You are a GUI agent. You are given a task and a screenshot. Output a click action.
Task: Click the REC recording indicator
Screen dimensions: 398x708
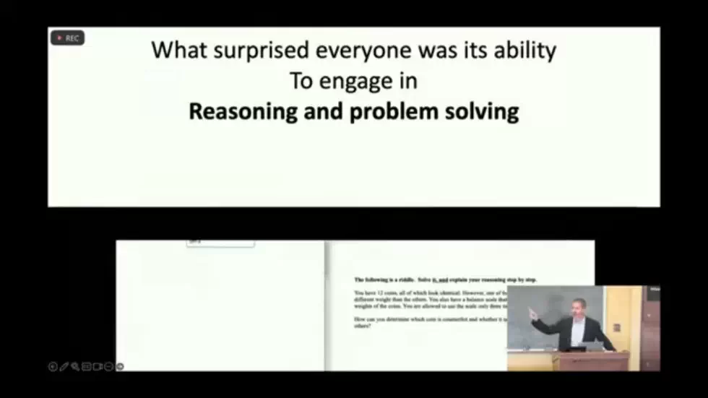pos(68,38)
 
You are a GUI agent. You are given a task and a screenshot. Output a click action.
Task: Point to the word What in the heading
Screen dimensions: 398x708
pos(174,51)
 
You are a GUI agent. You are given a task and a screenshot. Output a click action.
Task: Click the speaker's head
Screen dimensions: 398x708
pos(578,306)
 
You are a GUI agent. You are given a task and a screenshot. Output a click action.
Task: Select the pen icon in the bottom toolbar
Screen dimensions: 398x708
pos(64,366)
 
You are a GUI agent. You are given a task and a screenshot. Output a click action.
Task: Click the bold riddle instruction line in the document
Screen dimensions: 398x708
pos(445,280)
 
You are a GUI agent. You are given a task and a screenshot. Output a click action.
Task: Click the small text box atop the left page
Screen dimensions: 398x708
pos(220,243)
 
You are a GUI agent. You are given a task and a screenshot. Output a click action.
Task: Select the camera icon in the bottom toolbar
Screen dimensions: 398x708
pos(97,366)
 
